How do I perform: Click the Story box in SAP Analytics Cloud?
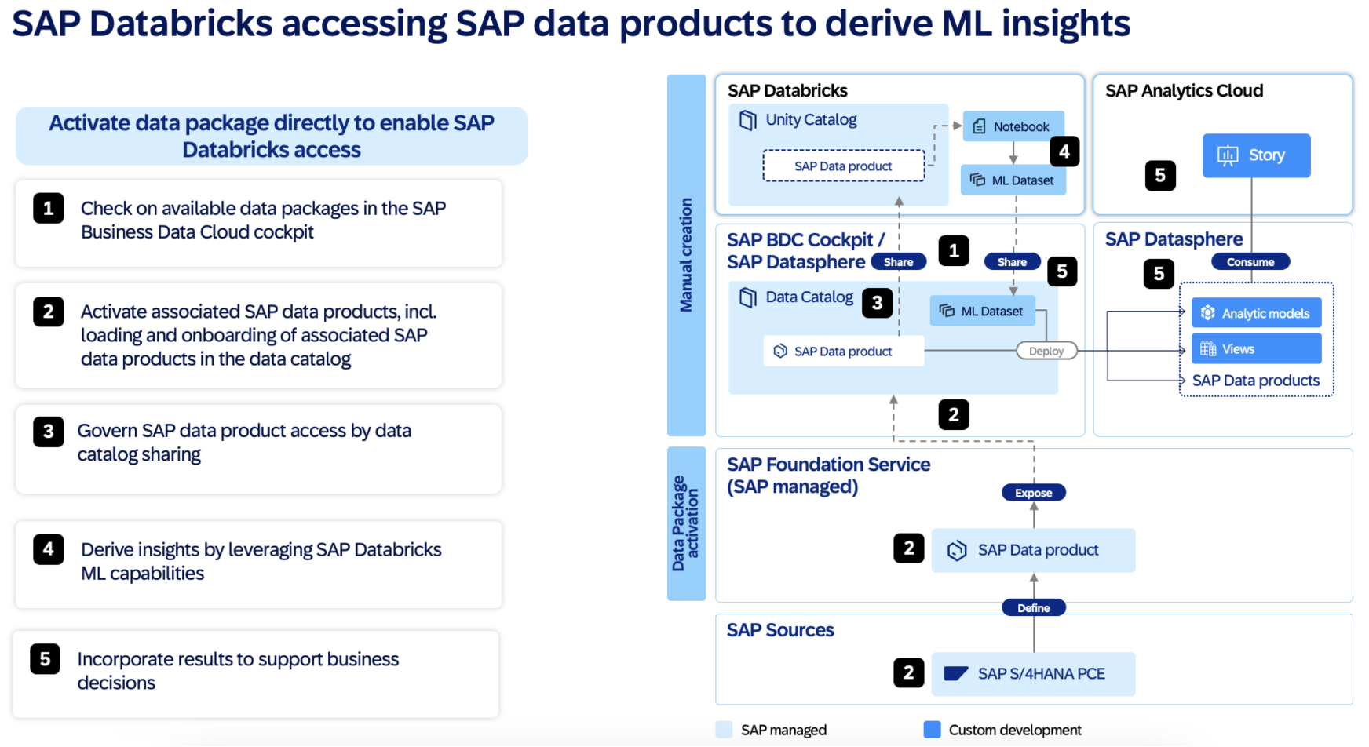pos(1256,155)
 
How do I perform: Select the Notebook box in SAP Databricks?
pos(1013,126)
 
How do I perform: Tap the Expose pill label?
pos(1033,493)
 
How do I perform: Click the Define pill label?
pos(1033,607)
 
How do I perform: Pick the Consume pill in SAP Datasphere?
pos(1250,262)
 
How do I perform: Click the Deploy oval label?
pos(1046,351)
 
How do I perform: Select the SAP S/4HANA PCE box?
pos(1033,673)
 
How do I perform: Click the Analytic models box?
pos(1256,313)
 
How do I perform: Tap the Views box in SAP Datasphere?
pos(1256,349)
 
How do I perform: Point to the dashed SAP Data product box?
pos(843,166)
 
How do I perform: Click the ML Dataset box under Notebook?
pos(1013,180)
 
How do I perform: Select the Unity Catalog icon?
pos(748,120)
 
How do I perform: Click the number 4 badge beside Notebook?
pos(1064,151)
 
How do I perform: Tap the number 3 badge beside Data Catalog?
pos(877,303)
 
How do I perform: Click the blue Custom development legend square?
pos(932,730)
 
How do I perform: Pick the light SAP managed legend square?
pos(725,730)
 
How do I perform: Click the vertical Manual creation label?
pos(686,255)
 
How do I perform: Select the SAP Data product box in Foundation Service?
pos(1033,550)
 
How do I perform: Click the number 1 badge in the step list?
pos(48,208)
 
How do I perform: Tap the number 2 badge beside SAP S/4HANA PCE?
pos(908,672)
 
